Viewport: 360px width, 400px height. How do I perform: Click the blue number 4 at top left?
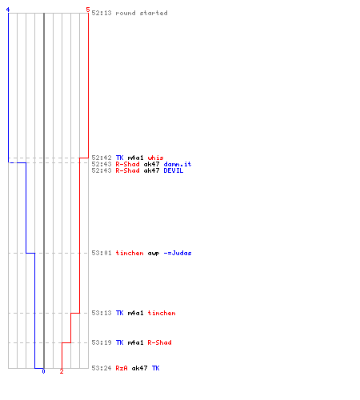point(8,10)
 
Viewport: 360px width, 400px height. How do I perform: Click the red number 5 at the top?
point(88,10)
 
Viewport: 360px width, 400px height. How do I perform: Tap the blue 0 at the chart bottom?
point(43,371)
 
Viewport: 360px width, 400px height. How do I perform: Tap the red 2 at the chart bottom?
point(62,371)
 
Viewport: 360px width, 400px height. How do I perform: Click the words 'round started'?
point(142,13)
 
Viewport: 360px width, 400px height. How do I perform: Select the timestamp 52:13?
point(102,13)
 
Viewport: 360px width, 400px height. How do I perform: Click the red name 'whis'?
point(155,158)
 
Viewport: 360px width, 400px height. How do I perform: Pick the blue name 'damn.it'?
point(178,164)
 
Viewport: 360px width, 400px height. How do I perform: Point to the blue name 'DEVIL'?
point(174,170)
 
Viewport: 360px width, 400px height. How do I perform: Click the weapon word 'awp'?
point(154,253)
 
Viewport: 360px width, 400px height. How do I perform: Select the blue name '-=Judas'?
point(178,253)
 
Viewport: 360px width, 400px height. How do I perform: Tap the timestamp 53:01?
point(102,253)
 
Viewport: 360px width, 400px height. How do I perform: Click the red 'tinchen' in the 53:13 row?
point(162,313)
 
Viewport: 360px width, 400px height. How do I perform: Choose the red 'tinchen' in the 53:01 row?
point(130,253)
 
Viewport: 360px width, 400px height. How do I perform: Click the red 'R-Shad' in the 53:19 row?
point(159,342)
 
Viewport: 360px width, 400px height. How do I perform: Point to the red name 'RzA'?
point(122,368)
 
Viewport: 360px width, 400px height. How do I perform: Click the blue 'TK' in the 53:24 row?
point(155,368)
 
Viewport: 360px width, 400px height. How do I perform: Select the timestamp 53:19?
point(102,342)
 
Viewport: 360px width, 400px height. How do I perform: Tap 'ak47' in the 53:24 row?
point(139,368)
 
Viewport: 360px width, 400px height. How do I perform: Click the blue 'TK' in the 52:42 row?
point(119,158)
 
